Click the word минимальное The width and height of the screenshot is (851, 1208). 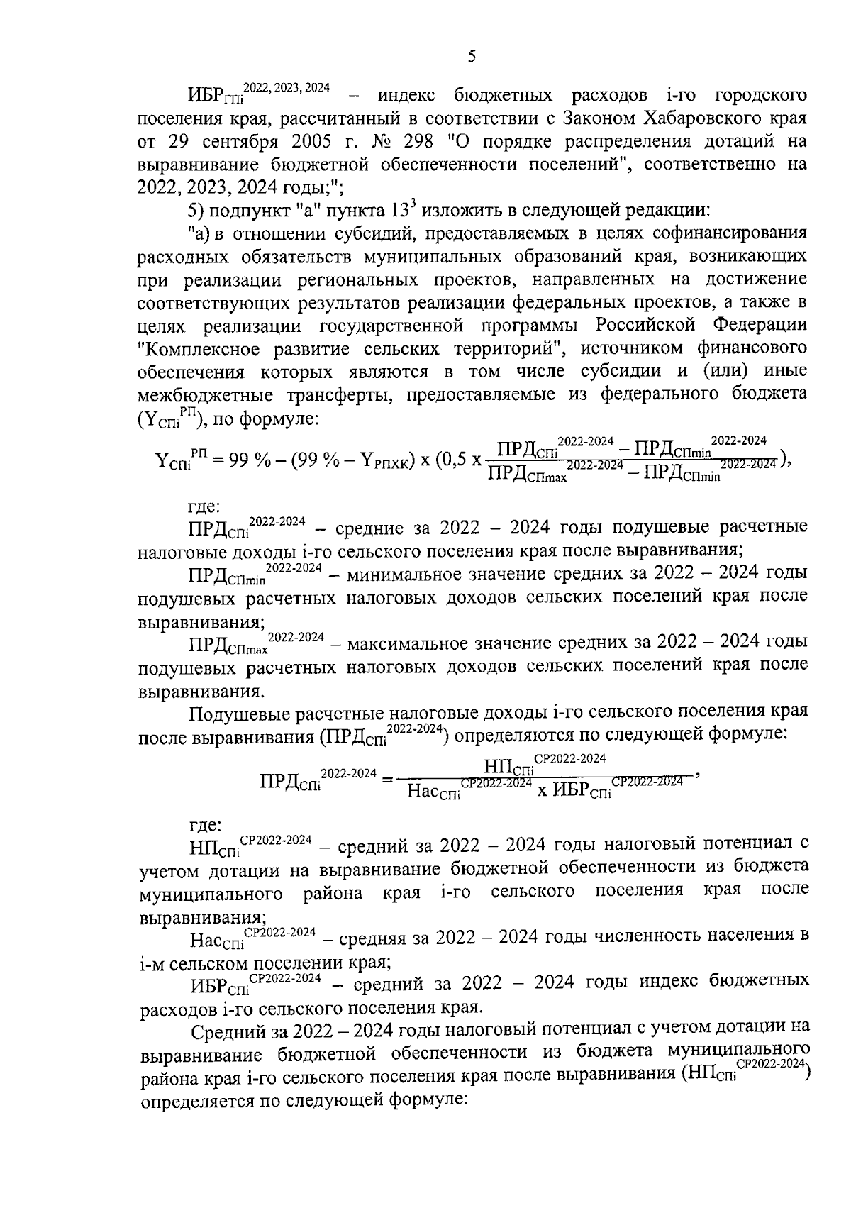pos(401,573)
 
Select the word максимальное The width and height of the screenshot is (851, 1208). pos(406,643)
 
